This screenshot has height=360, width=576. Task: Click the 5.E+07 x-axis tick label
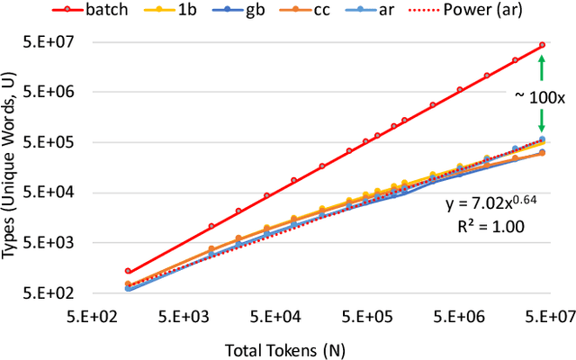544,315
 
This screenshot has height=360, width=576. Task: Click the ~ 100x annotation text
540,95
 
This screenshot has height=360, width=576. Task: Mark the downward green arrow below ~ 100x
542,122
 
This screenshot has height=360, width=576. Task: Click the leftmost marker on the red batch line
128,271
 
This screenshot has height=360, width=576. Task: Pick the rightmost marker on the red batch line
542,45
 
